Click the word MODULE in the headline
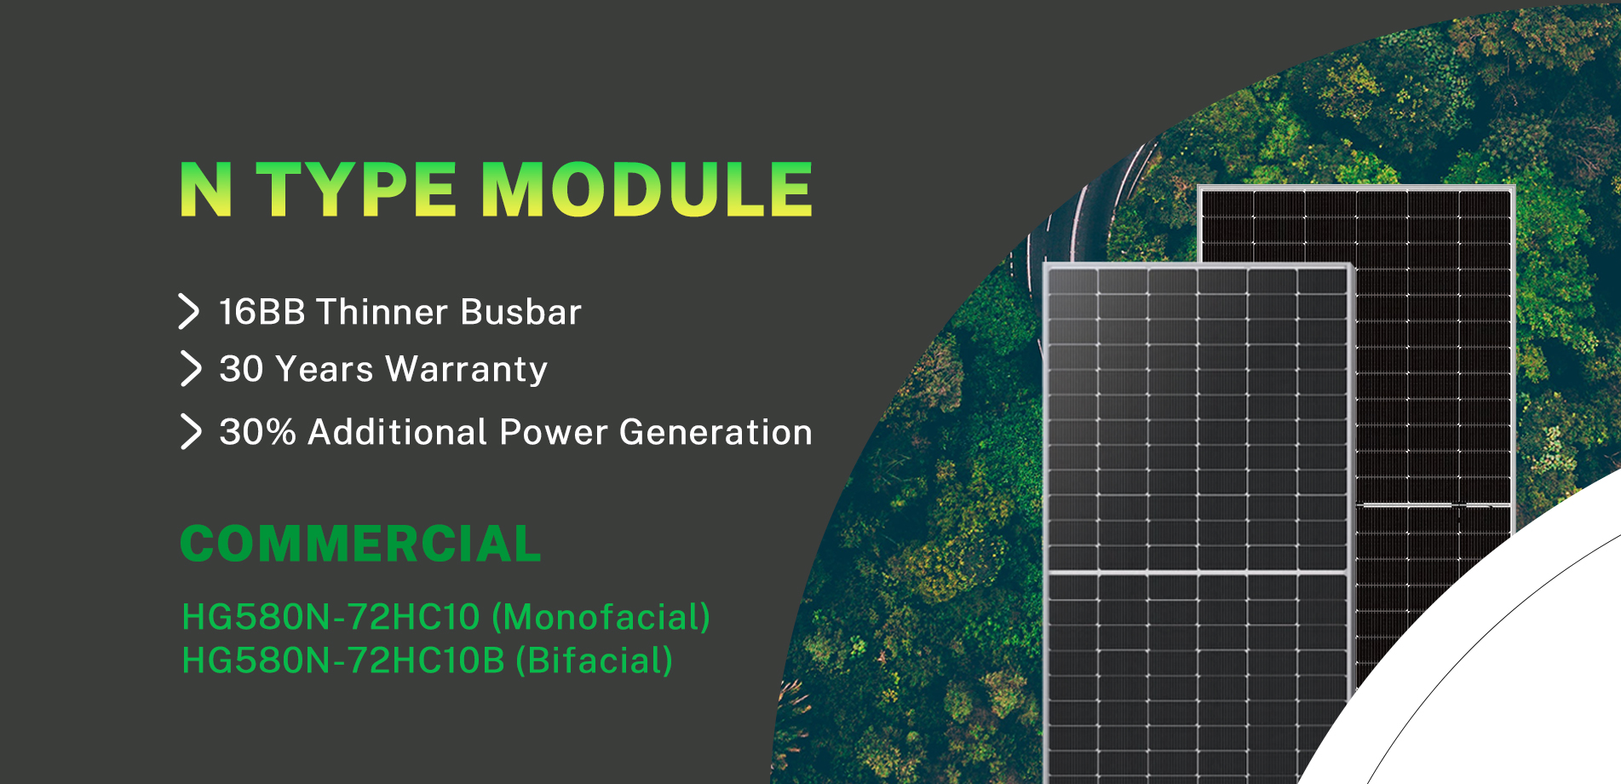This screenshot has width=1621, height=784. click(x=647, y=189)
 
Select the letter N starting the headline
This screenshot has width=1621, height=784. click(x=205, y=189)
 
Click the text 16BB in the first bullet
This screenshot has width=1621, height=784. click(x=262, y=312)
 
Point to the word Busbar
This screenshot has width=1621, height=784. click(x=520, y=312)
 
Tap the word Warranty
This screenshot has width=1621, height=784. click(x=466, y=370)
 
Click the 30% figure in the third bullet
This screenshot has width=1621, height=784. click(x=257, y=432)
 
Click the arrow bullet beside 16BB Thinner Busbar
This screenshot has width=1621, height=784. click(x=189, y=311)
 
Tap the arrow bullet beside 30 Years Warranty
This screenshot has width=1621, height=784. click(x=191, y=369)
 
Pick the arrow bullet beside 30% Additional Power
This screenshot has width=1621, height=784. click(x=191, y=431)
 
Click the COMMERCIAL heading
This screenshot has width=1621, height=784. click(x=360, y=544)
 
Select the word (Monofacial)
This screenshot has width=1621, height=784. click(x=601, y=617)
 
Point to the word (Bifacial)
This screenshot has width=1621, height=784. click(x=594, y=660)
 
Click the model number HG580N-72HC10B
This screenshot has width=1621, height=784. click(x=343, y=660)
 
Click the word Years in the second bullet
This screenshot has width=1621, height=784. click(x=325, y=370)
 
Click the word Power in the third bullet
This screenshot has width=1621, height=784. click(x=554, y=432)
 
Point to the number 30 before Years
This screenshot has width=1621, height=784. click(x=241, y=370)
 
